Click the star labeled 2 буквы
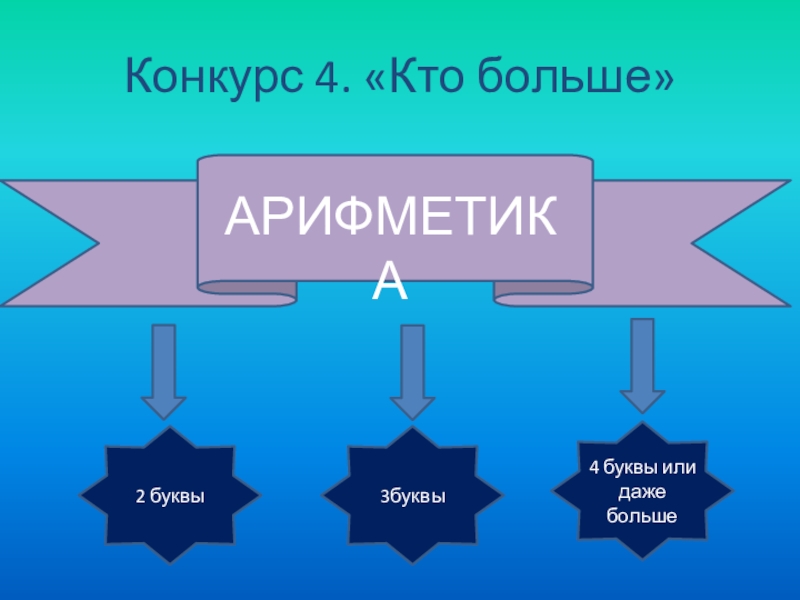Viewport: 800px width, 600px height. [169, 494]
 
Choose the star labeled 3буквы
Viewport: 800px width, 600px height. [411, 494]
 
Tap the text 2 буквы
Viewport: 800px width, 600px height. [169, 495]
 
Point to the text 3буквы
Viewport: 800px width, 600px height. [411, 495]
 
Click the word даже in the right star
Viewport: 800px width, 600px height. [642, 492]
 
